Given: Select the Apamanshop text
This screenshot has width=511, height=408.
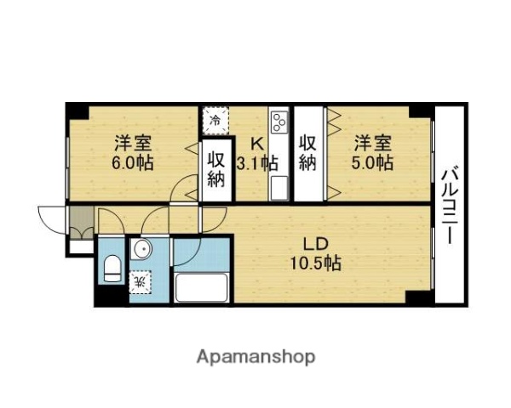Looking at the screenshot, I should point(255,356).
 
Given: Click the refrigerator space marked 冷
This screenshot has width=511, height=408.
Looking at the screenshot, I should point(215,120).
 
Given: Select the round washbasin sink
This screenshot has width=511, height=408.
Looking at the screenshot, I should point(141,252).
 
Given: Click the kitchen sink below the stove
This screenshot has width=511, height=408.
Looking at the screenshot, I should point(278,186).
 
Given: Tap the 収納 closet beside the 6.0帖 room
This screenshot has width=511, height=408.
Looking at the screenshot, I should point(216,169).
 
